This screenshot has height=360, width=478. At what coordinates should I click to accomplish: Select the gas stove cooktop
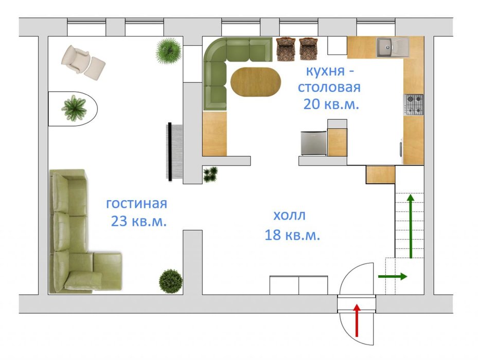pyautogui.click(x=414, y=105)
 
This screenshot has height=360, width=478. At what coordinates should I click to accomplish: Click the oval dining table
pyautogui.click(x=255, y=82)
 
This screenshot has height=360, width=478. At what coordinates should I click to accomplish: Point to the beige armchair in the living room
pyautogui.click(x=75, y=59)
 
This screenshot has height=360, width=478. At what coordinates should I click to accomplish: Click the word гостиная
pyautogui.click(x=136, y=203)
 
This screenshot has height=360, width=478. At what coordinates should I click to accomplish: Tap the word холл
pyautogui.click(x=289, y=215)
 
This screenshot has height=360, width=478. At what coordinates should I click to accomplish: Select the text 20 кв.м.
pyautogui.click(x=331, y=104)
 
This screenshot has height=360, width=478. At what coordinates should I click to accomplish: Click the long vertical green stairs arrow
pyautogui.click(x=411, y=226)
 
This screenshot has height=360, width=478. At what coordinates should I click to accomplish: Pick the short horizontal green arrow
pyautogui.click(x=393, y=277)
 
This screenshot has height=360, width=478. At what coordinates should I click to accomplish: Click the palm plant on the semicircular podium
pyautogui.click(x=74, y=108)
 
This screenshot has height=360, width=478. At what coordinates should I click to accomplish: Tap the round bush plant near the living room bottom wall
pyautogui.click(x=171, y=281)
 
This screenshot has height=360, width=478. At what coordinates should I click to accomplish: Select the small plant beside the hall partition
pyautogui.click(x=210, y=174)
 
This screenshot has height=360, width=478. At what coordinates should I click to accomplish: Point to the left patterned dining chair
pyautogui.click(x=286, y=48)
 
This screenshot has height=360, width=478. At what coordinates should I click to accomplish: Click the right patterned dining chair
pyautogui.click(x=309, y=48)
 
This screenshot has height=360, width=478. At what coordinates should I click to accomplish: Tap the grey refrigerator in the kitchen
pyautogui.click(x=314, y=143)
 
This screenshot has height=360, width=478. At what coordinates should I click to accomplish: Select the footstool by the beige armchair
pyautogui.click(x=95, y=69)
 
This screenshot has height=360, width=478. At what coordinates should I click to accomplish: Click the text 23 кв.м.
pyautogui.click(x=139, y=221)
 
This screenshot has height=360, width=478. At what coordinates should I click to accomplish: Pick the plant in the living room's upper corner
pyautogui.click(x=169, y=51)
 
